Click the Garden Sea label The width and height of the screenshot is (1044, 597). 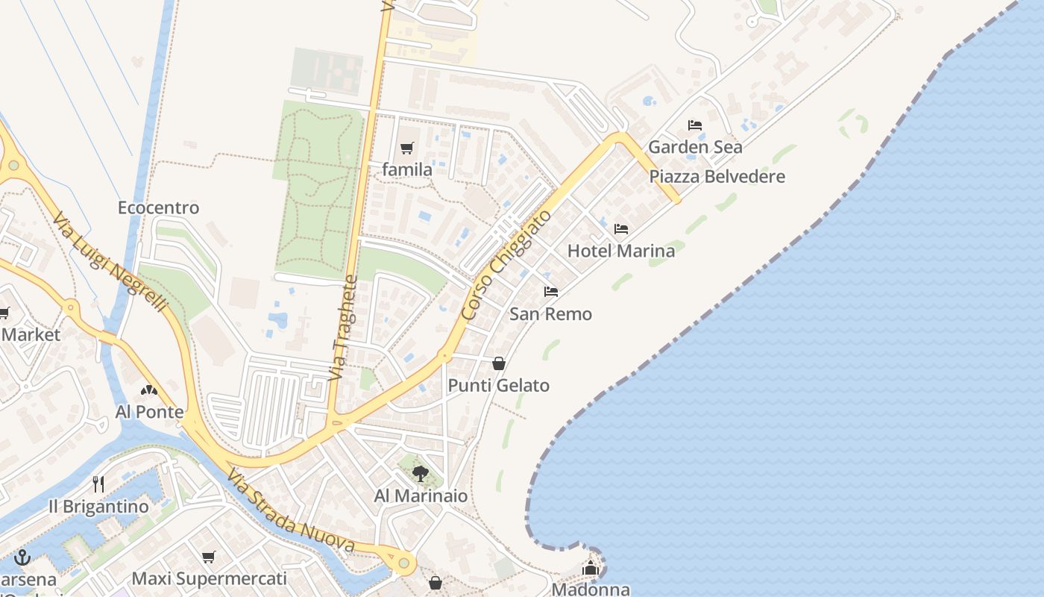pyautogui.click(x=695, y=147)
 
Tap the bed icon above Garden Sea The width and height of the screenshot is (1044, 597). pyautogui.click(x=695, y=125)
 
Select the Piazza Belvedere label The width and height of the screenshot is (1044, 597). pyautogui.click(x=717, y=177)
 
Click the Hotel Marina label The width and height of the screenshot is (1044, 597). pyautogui.click(x=620, y=251)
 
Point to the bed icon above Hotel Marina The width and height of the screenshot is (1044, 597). pyautogui.click(x=620, y=229)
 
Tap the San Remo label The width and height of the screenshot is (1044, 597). pyautogui.click(x=550, y=314)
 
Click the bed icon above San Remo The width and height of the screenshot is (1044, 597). pyautogui.click(x=551, y=292)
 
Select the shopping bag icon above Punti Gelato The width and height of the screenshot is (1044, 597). pyautogui.click(x=498, y=363)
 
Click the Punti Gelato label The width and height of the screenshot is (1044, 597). pyautogui.click(x=498, y=386)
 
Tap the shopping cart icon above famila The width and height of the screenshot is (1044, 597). pyautogui.click(x=406, y=149)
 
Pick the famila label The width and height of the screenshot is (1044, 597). pyautogui.click(x=406, y=170)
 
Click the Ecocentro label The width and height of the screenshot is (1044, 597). pyautogui.click(x=158, y=207)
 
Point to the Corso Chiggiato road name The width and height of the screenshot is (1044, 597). pyautogui.click(x=506, y=266)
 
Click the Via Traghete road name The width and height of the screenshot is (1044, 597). pyautogui.click(x=343, y=328)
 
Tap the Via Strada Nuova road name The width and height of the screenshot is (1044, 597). pyautogui.click(x=290, y=512)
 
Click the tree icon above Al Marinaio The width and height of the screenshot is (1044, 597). pyautogui.click(x=421, y=473)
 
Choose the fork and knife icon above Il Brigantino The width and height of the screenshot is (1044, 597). pyautogui.click(x=98, y=484)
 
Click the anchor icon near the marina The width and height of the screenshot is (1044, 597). pyautogui.click(x=22, y=557)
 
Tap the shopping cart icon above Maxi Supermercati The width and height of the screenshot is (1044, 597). pyautogui.click(x=209, y=557)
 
